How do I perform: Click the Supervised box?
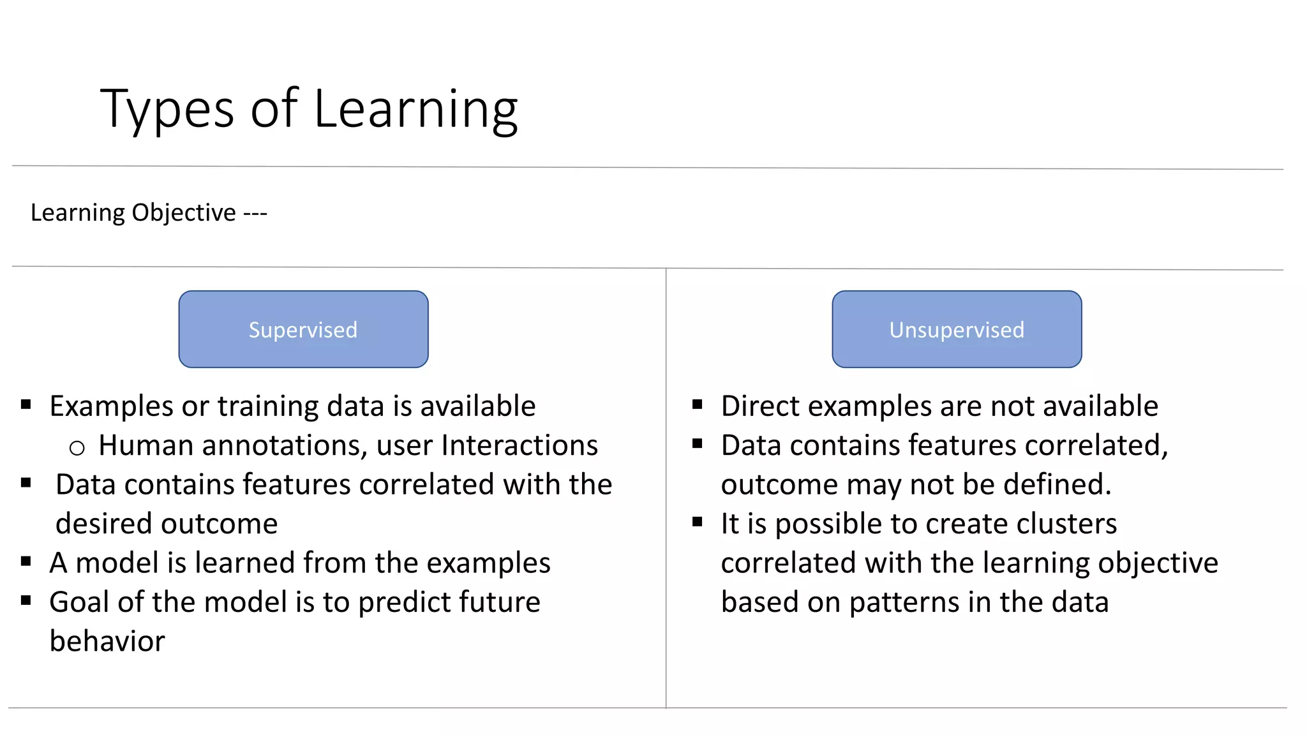303,329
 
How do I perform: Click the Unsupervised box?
957,329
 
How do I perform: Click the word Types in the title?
167,110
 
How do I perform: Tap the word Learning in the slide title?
415,110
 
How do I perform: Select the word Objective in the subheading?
184,212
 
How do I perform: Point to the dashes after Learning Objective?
255,213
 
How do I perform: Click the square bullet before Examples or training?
26,404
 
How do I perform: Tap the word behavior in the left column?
107,641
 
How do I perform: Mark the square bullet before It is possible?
698,522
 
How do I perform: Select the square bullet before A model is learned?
26,561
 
